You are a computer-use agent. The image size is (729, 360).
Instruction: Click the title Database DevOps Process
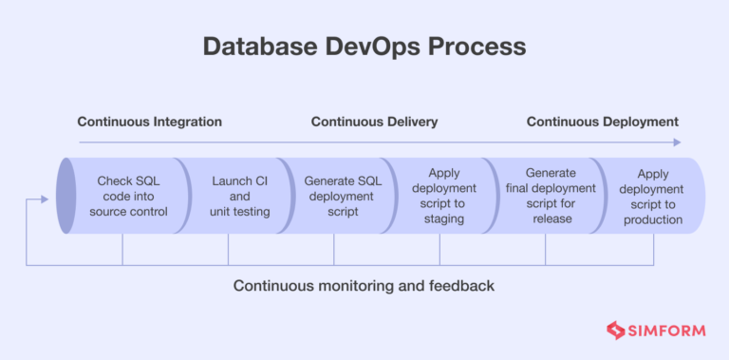point(364,46)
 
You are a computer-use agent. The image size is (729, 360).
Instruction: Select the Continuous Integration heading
point(149,122)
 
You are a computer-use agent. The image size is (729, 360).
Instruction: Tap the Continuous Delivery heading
point(374,122)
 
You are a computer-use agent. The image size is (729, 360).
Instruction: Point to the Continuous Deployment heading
point(602,122)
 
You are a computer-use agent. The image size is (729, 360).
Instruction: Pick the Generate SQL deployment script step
point(343,196)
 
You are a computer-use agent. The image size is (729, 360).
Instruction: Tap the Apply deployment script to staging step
point(444,196)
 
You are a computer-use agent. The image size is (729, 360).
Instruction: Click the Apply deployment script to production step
point(653,196)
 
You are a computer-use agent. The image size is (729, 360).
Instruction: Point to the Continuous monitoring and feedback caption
point(364,285)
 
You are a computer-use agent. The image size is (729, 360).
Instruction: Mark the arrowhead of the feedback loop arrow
point(45,199)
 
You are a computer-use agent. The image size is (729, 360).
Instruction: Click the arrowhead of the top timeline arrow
point(677,142)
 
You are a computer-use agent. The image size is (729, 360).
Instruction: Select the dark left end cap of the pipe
point(65,196)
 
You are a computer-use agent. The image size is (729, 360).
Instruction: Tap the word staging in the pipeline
point(444,219)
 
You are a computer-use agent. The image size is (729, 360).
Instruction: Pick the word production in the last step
point(653,219)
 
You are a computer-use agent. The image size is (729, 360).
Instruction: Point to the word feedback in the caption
point(462,285)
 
